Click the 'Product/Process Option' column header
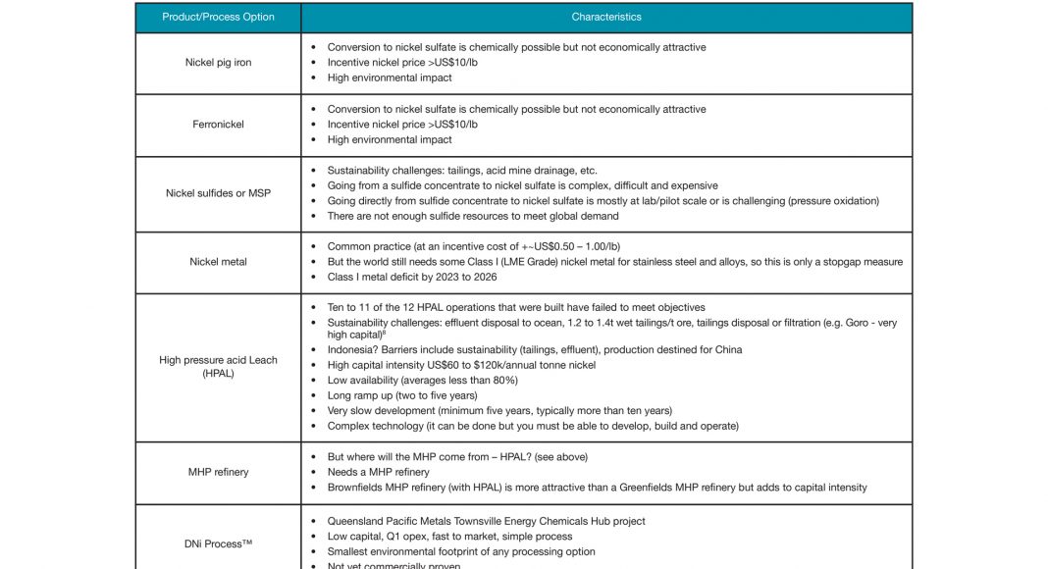(x=218, y=17)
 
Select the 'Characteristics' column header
(x=606, y=17)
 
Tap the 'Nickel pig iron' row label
(x=218, y=63)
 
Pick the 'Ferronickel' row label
(x=218, y=125)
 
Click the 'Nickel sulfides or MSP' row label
(x=218, y=193)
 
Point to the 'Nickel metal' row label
(x=218, y=262)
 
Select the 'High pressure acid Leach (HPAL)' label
(x=218, y=367)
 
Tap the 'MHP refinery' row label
(x=218, y=472)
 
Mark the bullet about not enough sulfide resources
(x=473, y=216)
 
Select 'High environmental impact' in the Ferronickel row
(x=390, y=140)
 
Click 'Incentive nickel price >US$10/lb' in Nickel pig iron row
(x=402, y=63)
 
